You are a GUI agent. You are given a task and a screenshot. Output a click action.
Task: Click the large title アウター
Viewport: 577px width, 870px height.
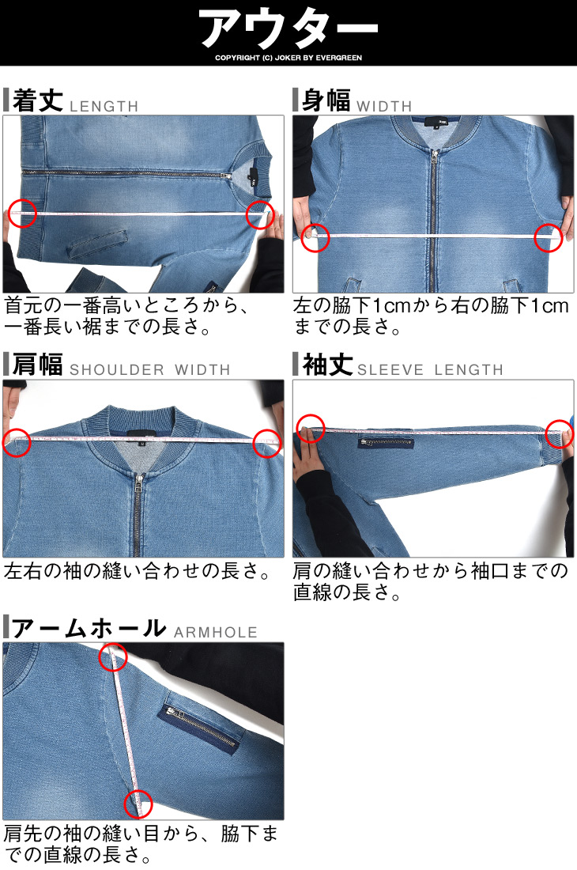coord(288,28)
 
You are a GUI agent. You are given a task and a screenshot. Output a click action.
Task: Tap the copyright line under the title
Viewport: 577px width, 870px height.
coord(288,58)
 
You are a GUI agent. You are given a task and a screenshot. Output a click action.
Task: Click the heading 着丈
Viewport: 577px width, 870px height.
coord(37,101)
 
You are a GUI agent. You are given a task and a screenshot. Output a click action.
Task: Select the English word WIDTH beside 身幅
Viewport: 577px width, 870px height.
coord(384,106)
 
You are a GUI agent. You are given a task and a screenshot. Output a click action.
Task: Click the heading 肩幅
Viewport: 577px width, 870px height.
coord(37,365)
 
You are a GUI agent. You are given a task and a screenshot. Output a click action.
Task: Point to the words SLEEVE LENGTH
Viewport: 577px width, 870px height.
coord(430,369)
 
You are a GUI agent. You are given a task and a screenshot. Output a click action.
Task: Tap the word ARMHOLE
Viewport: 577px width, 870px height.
coord(216,632)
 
